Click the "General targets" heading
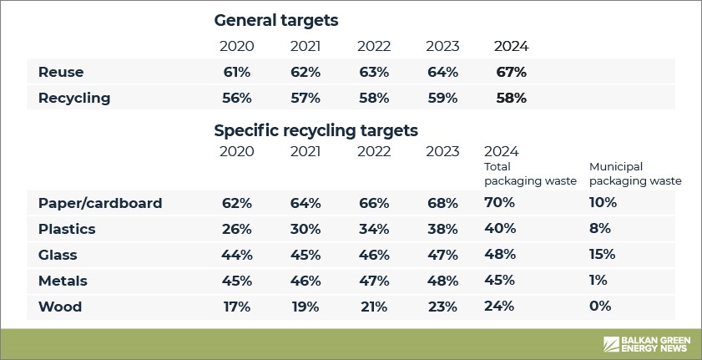point(275,20)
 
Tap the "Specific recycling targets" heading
point(316,130)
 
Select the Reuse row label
point(61,73)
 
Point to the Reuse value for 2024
point(511,73)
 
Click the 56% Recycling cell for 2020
point(236,99)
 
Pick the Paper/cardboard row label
point(100,203)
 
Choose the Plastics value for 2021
point(305,229)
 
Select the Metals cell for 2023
point(442,281)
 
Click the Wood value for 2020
point(236,307)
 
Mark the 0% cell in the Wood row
point(600,307)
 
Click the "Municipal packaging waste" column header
point(634,173)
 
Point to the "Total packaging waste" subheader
point(529,173)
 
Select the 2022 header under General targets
point(374,46)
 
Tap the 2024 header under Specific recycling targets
point(502,151)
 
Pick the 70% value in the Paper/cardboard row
point(499,203)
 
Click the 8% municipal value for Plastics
point(600,229)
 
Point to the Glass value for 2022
point(374,255)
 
